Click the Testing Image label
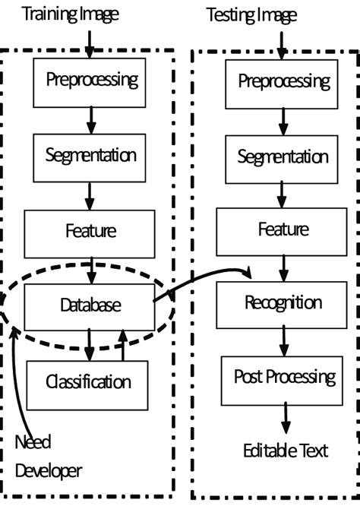pos(251,14)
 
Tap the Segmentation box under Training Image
pos(90,157)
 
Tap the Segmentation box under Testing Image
pos(283,158)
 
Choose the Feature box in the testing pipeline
pos(283,230)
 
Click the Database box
pos(90,306)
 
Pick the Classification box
pos(87,382)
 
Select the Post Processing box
pos(283,378)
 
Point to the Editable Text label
pos(285,451)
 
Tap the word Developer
pos(49,471)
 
